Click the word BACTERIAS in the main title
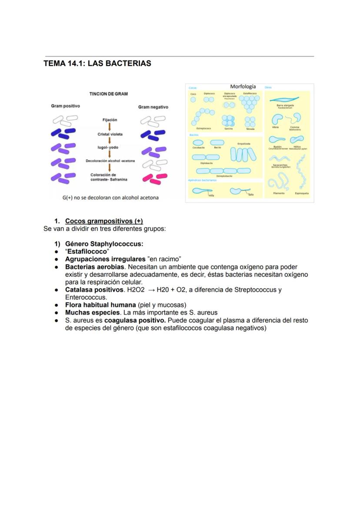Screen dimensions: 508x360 coord(129,63)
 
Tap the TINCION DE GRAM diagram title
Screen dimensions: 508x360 coord(108,94)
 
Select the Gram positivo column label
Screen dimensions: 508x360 coord(65,106)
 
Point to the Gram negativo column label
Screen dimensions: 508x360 coord(153,107)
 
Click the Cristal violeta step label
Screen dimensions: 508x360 coord(110,134)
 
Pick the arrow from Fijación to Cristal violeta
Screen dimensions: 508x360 coord(110,127)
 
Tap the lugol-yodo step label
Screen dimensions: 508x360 coord(108,147)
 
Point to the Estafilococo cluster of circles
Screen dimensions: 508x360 coord(250,103)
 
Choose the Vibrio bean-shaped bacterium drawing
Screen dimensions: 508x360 coord(277,119)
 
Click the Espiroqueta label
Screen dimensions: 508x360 coord(302,193)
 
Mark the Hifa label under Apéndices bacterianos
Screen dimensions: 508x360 coord(211,196)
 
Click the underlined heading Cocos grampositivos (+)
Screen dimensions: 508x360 coord(104,221)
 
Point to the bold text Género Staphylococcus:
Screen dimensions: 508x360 coord(104,244)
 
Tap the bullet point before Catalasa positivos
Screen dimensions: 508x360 coord(57,290)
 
